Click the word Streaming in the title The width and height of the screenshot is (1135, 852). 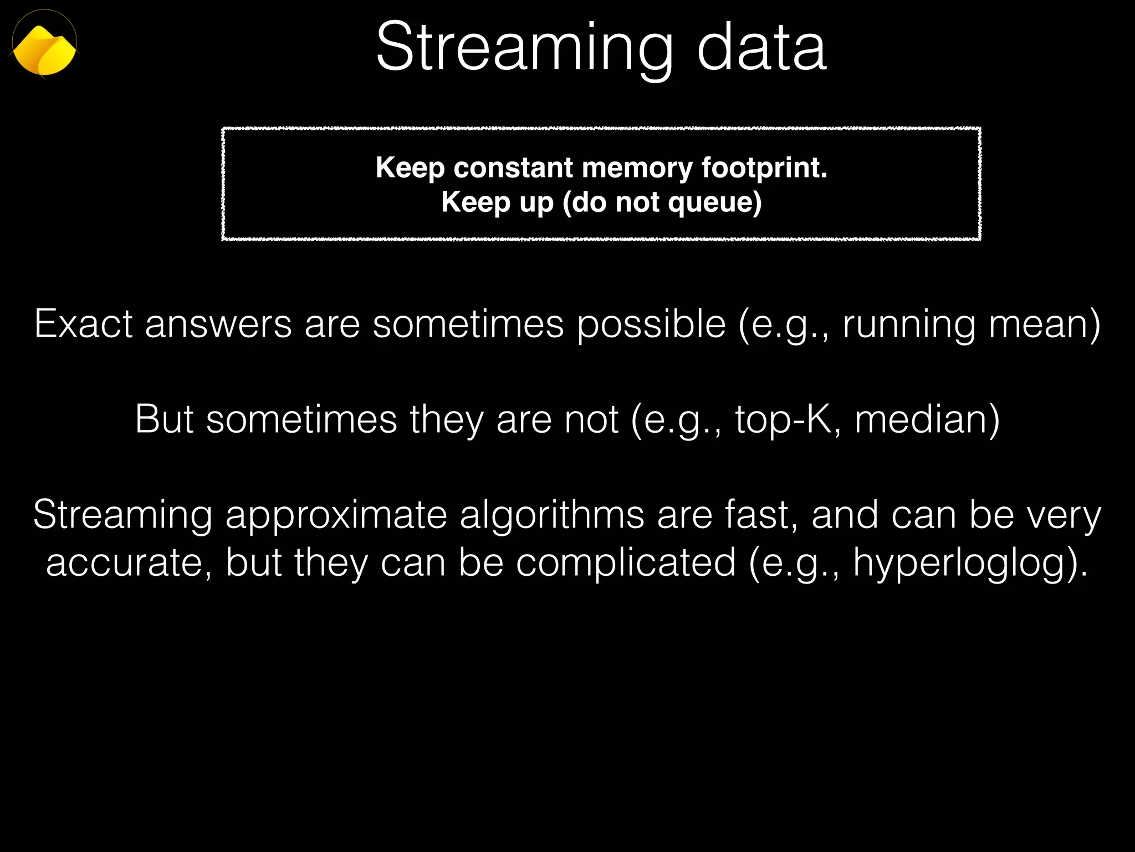pyautogui.click(x=524, y=48)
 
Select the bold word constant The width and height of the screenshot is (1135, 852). pyautogui.click(x=513, y=168)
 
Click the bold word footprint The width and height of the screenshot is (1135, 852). pyautogui.click(x=764, y=169)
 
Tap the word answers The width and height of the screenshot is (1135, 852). pyautogui.click(x=218, y=324)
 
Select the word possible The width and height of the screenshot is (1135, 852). pyautogui.click(x=651, y=324)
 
